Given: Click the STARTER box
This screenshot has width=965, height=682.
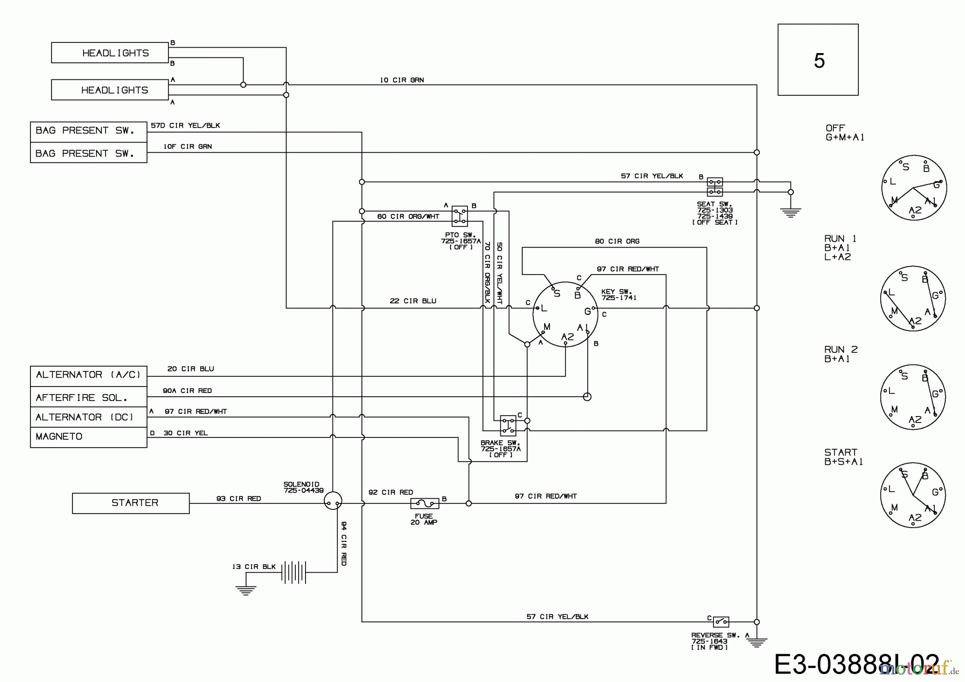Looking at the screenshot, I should (131, 503).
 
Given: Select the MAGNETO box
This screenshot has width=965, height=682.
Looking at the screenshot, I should (88, 437).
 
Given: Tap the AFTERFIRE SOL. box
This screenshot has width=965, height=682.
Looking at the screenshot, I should (88, 397).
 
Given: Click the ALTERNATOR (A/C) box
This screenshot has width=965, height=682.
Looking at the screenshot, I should (88, 375).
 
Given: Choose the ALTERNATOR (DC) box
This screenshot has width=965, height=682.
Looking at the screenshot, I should (88, 417).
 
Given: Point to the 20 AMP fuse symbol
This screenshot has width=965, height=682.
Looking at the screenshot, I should (424, 503).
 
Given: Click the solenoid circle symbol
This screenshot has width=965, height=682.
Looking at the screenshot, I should (333, 501).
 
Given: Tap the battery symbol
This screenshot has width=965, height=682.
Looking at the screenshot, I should (294, 573).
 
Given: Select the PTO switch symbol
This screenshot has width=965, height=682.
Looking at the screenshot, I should (459, 216).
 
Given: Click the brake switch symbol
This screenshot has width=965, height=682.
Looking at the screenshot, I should (508, 425).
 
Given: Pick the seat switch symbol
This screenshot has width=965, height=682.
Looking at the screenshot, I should (714, 187).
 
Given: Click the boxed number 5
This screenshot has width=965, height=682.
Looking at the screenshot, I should (818, 60).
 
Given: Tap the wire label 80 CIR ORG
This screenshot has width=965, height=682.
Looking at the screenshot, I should (617, 241).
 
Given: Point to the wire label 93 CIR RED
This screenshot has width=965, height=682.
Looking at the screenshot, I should (239, 499).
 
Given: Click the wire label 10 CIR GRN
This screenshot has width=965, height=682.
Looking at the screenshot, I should (402, 80).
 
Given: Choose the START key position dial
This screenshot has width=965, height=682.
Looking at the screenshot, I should (912, 496).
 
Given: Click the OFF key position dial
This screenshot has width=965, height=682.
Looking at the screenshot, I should (914, 187).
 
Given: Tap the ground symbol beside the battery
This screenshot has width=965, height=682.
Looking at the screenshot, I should (246, 590).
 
